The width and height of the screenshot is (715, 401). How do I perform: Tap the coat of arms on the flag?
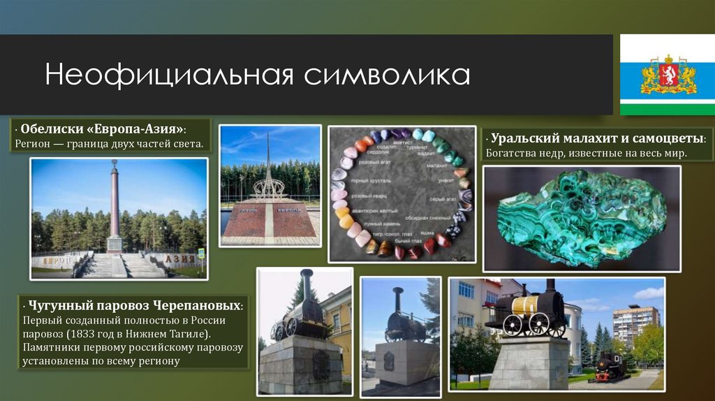[x=668, y=74]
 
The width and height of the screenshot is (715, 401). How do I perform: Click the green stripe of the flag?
[x=668, y=108]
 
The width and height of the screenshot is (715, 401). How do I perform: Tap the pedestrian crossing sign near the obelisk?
[x=201, y=253]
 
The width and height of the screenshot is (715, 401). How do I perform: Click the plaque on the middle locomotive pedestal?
[x=388, y=360]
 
